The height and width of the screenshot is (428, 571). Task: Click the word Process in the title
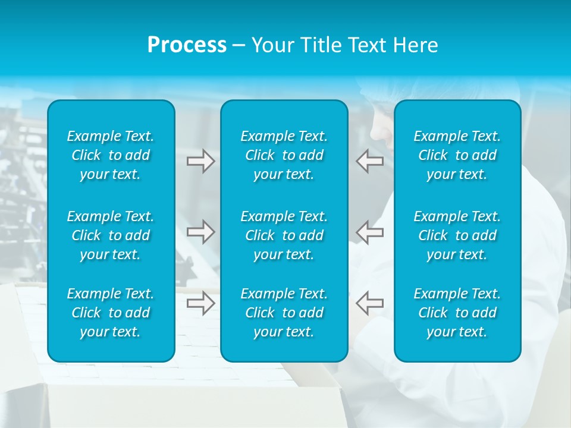point(187,45)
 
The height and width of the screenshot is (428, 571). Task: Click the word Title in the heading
point(320,45)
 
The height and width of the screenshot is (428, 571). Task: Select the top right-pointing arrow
point(201,161)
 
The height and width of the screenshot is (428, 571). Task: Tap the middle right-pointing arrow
point(201,232)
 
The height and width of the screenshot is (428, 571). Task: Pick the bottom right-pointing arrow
point(201,303)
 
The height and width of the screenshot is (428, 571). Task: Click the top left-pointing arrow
point(369,161)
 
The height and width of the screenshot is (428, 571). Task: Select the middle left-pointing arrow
point(369,232)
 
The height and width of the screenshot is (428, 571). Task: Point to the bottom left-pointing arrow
point(369,303)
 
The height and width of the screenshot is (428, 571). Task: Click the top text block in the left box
point(111,155)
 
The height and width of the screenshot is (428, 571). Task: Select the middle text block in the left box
point(111,235)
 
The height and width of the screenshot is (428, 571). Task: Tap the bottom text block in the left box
point(111,313)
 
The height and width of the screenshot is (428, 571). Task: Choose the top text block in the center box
point(284,155)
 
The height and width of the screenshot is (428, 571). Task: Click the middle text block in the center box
point(284,235)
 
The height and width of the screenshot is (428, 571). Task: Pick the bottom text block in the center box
point(284,313)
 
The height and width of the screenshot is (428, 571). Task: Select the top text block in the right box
point(457,155)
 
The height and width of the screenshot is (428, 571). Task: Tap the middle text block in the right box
point(457,235)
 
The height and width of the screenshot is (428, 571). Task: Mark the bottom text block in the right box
point(457,313)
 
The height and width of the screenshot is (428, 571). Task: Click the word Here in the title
point(416,45)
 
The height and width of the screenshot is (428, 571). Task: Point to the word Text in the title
point(368,45)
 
